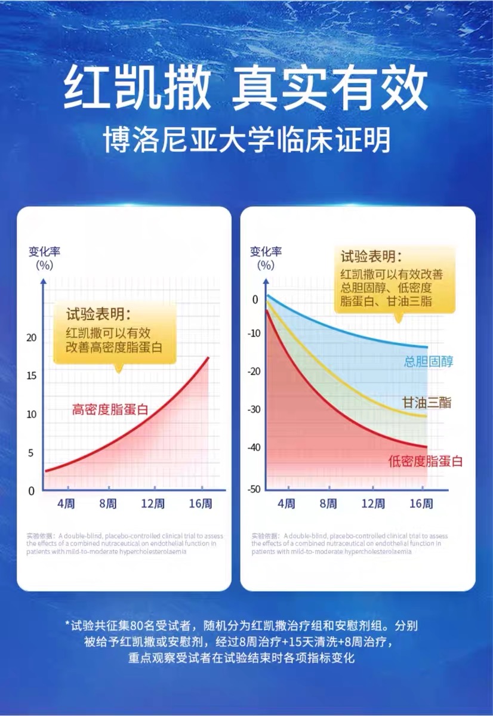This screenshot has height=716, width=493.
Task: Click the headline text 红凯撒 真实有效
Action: point(246,89)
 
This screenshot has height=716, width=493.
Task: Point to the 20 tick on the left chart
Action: point(32,338)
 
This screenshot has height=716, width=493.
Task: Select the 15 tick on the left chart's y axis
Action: point(32,376)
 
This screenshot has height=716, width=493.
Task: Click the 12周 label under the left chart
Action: point(153,504)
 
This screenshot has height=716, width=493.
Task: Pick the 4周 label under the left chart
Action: point(66,504)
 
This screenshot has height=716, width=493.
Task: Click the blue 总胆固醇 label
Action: point(429,361)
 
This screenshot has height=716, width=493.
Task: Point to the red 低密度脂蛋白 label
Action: point(425,461)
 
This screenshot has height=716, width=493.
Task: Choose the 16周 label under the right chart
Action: point(421,504)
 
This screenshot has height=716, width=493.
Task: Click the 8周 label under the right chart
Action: point(328,504)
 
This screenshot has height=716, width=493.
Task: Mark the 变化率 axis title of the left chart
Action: point(45,251)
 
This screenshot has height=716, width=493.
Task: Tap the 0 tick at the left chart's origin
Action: point(32,491)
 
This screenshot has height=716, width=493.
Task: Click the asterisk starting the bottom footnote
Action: point(68,625)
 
